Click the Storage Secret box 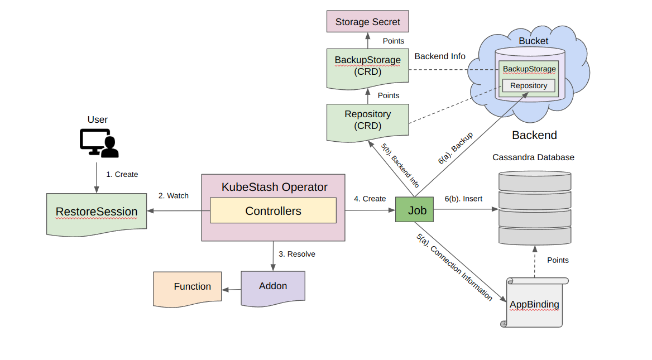(367, 22)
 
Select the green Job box (414, 210)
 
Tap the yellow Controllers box (273, 211)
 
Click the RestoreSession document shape (96, 212)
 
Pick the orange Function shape (188, 287)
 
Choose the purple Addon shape (273, 286)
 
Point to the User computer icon (98, 142)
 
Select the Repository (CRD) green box (367, 120)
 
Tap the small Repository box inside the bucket (528, 86)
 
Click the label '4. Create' (370, 199)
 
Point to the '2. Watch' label (173, 196)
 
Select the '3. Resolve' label (296, 254)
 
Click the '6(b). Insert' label (463, 199)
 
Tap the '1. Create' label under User (122, 174)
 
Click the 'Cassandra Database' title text (533, 157)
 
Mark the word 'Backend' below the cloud (534, 135)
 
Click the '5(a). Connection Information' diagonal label (454, 267)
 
